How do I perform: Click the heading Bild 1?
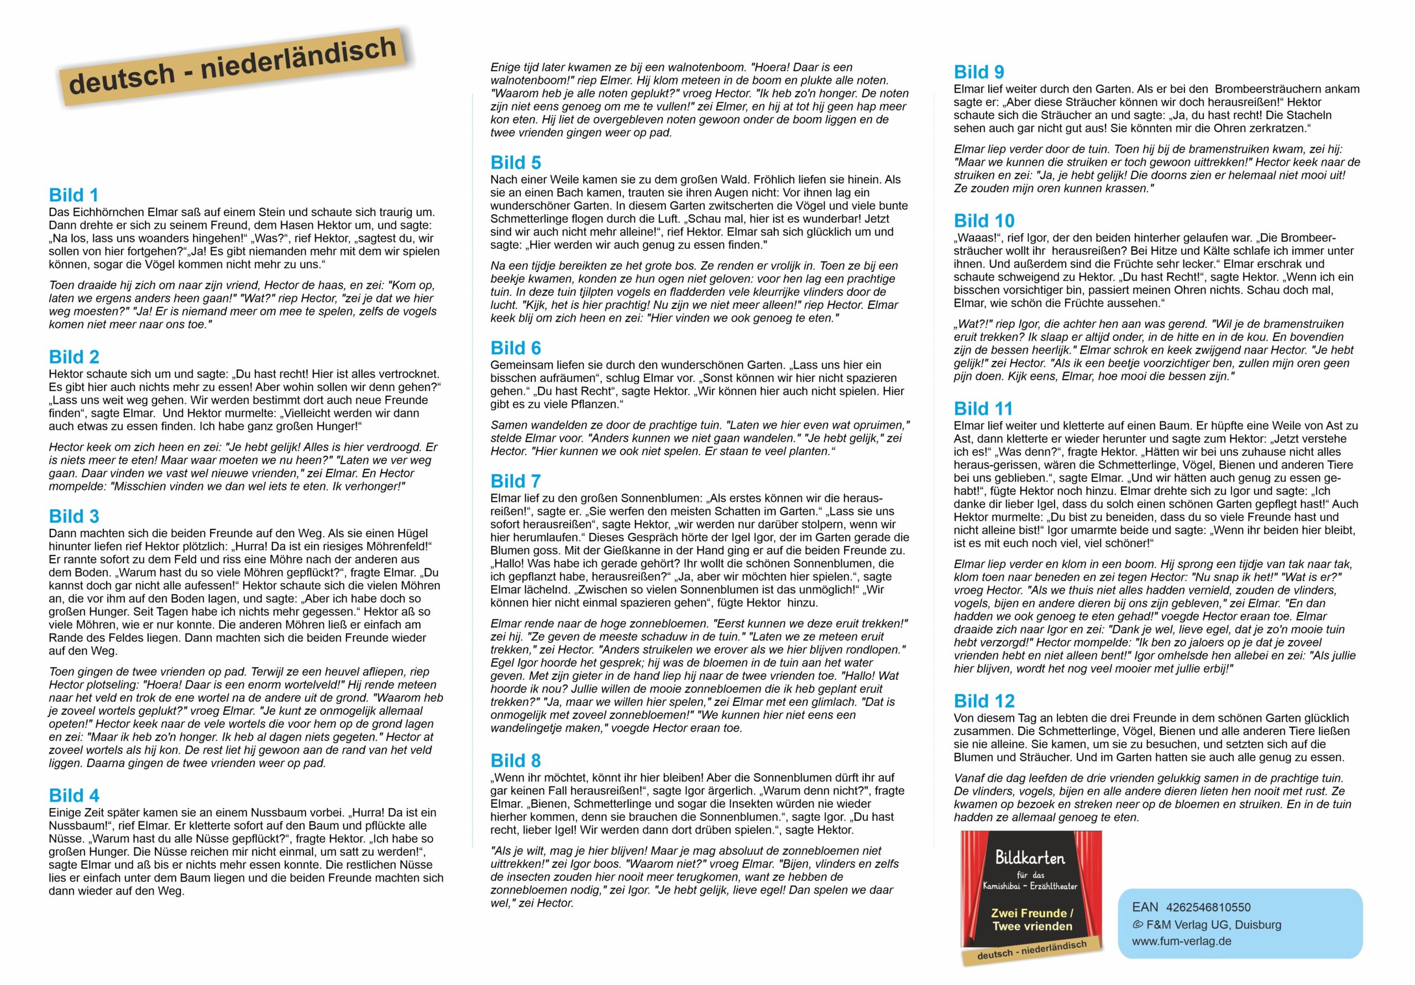tap(74, 196)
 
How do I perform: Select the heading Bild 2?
tap(74, 357)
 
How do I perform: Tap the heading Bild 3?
tap(74, 516)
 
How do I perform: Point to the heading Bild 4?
tap(74, 796)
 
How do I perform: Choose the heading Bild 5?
tap(515, 163)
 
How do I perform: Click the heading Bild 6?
tap(515, 348)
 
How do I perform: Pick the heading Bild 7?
tap(515, 481)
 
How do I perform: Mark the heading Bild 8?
tap(515, 761)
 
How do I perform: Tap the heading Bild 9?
tap(979, 72)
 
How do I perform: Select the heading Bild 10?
tap(984, 221)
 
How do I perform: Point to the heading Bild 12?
tap(984, 701)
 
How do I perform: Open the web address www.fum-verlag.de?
tap(1181, 941)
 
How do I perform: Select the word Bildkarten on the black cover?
tap(1030, 857)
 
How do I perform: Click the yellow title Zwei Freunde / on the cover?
tap(1031, 913)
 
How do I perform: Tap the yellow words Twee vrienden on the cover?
tap(1031, 926)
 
